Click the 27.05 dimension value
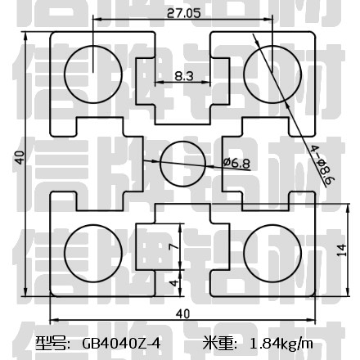183,13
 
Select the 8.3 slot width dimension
184,76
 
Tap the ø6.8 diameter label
236,163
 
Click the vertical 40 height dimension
20,157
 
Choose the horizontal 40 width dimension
182,314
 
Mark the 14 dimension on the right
342,250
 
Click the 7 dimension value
174,246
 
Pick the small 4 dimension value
174,283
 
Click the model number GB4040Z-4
121,343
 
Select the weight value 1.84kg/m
281,344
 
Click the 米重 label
219,343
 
